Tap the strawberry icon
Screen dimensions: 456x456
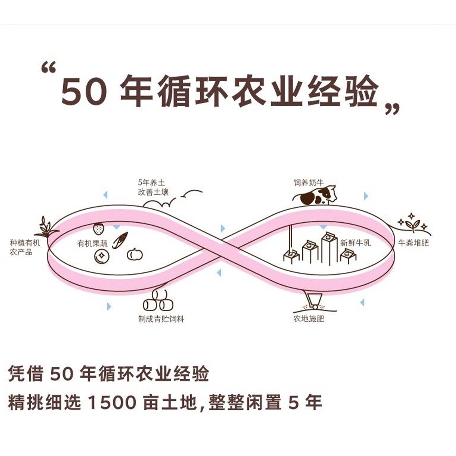coord(98,228)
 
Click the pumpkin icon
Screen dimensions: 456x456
coord(135,254)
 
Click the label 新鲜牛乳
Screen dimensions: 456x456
coord(355,243)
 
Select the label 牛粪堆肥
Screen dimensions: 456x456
coord(413,243)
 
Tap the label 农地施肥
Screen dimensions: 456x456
coord(308,318)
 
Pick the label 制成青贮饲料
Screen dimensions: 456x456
coord(161,319)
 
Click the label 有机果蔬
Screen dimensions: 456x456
coord(92,243)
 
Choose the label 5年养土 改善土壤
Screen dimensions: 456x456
coord(153,187)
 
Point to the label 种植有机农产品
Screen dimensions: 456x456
coord(25,247)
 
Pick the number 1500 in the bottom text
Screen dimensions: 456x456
coord(111,402)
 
